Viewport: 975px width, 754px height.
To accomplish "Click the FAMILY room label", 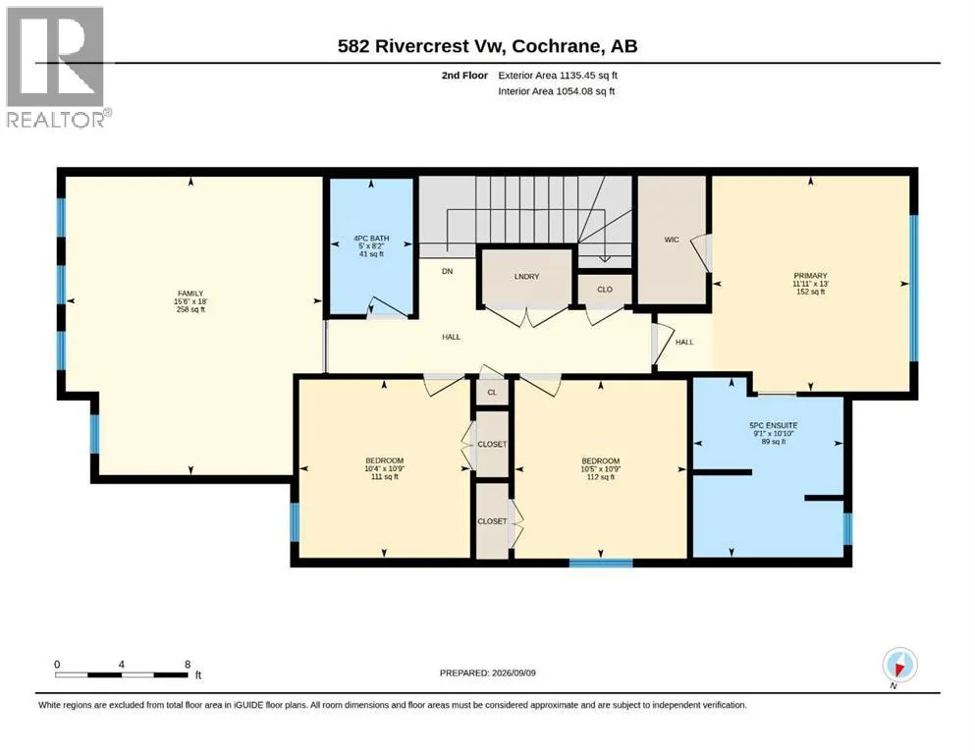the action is tap(190, 294).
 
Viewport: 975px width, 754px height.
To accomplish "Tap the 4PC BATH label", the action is tap(371, 238).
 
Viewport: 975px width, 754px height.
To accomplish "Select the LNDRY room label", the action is tap(526, 277).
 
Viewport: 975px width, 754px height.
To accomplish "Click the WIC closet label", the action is tap(672, 240).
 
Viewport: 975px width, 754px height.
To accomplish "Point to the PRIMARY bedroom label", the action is tap(810, 276).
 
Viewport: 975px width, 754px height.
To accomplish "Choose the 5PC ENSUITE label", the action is tap(774, 426).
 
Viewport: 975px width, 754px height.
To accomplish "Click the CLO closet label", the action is tap(605, 290).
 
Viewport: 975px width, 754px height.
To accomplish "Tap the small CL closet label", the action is tap(492, 393).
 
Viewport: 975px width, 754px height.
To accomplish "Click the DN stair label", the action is tap(447, 271).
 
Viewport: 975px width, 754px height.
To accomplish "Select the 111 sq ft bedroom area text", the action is tap(384, 477).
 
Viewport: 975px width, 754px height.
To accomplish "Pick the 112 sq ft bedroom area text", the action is tap(601, 477).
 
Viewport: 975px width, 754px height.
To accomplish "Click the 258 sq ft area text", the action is tap(190, 309).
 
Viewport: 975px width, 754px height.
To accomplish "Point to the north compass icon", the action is tap(899, 665).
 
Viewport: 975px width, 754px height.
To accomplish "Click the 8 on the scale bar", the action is tap(188, 665).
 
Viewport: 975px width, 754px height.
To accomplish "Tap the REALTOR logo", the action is tap(58, 67).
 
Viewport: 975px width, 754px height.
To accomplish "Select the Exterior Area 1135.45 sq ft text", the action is tap(558, 76).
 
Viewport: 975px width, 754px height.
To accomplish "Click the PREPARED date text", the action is tap(487, 673).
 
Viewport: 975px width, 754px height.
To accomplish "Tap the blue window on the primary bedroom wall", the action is tap(913, 288).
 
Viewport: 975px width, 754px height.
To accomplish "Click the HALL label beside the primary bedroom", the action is tap(684, 342).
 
